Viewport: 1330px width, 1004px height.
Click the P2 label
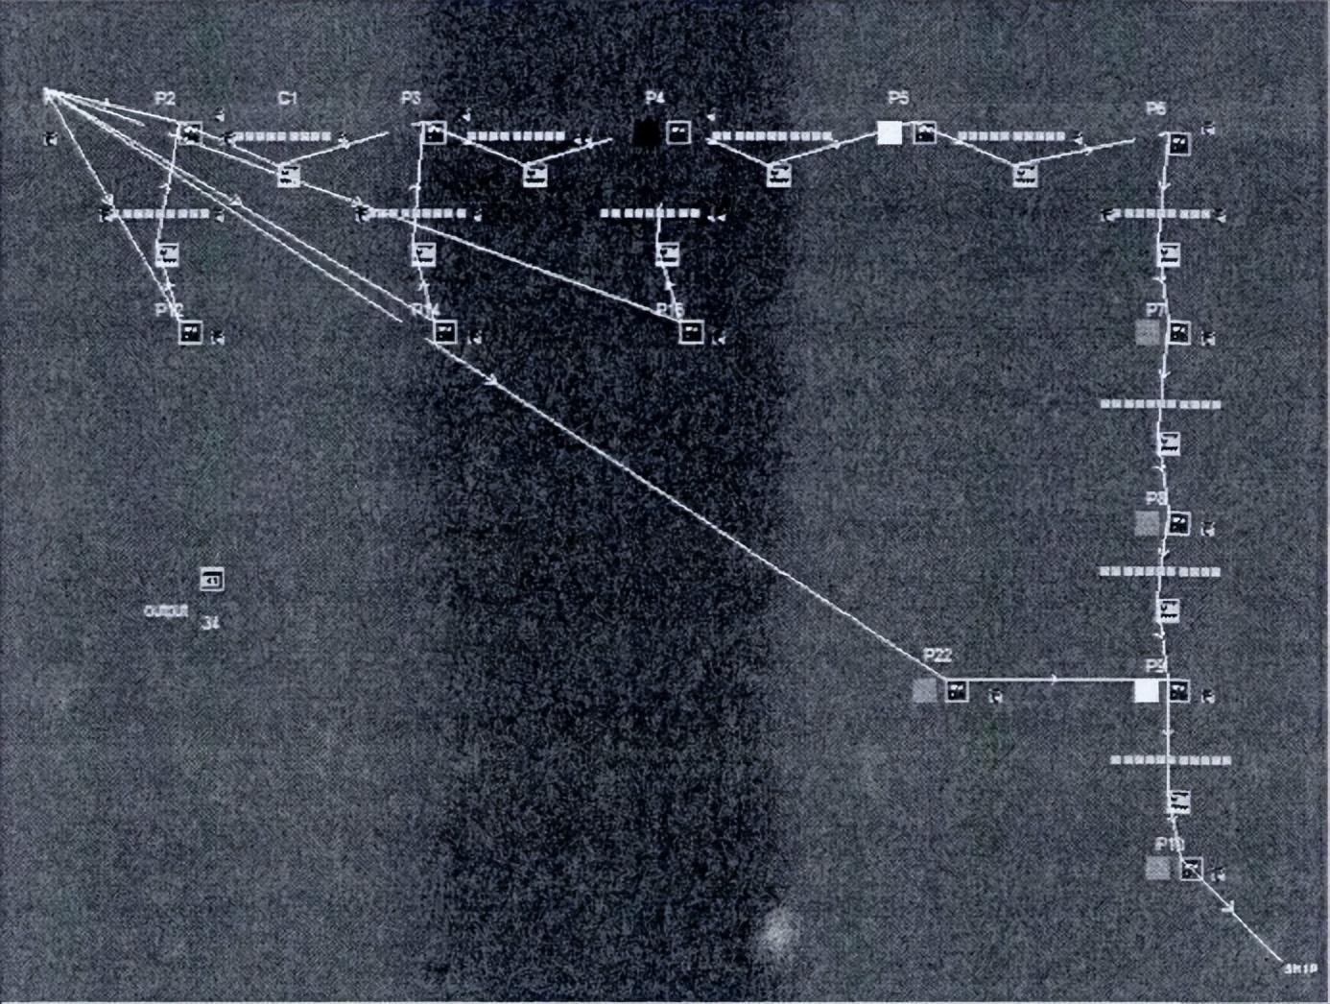[165, 99]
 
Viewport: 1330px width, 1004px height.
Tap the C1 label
[288, 99]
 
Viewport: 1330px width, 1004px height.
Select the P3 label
[411, 99]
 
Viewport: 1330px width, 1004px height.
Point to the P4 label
[654, 98]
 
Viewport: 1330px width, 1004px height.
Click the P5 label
[898, 98]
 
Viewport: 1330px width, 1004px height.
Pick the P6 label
[1156, 109]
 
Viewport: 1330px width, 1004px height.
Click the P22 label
[937, 656]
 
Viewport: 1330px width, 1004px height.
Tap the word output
[165, 610]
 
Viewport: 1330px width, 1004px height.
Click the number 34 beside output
[211, 624]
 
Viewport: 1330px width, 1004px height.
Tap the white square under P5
[890, 133]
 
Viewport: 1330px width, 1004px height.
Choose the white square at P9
[1146, 691]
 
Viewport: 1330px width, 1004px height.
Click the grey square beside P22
[924, 691]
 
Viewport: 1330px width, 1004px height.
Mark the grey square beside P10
[1158, 869]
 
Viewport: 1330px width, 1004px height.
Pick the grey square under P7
[1148, 334]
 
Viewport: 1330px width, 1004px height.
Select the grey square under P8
[1148, 524]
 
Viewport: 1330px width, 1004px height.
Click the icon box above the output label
[212, 580]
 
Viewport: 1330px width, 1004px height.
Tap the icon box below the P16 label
[691, 333]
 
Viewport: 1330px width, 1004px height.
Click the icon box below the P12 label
[191, 333]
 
